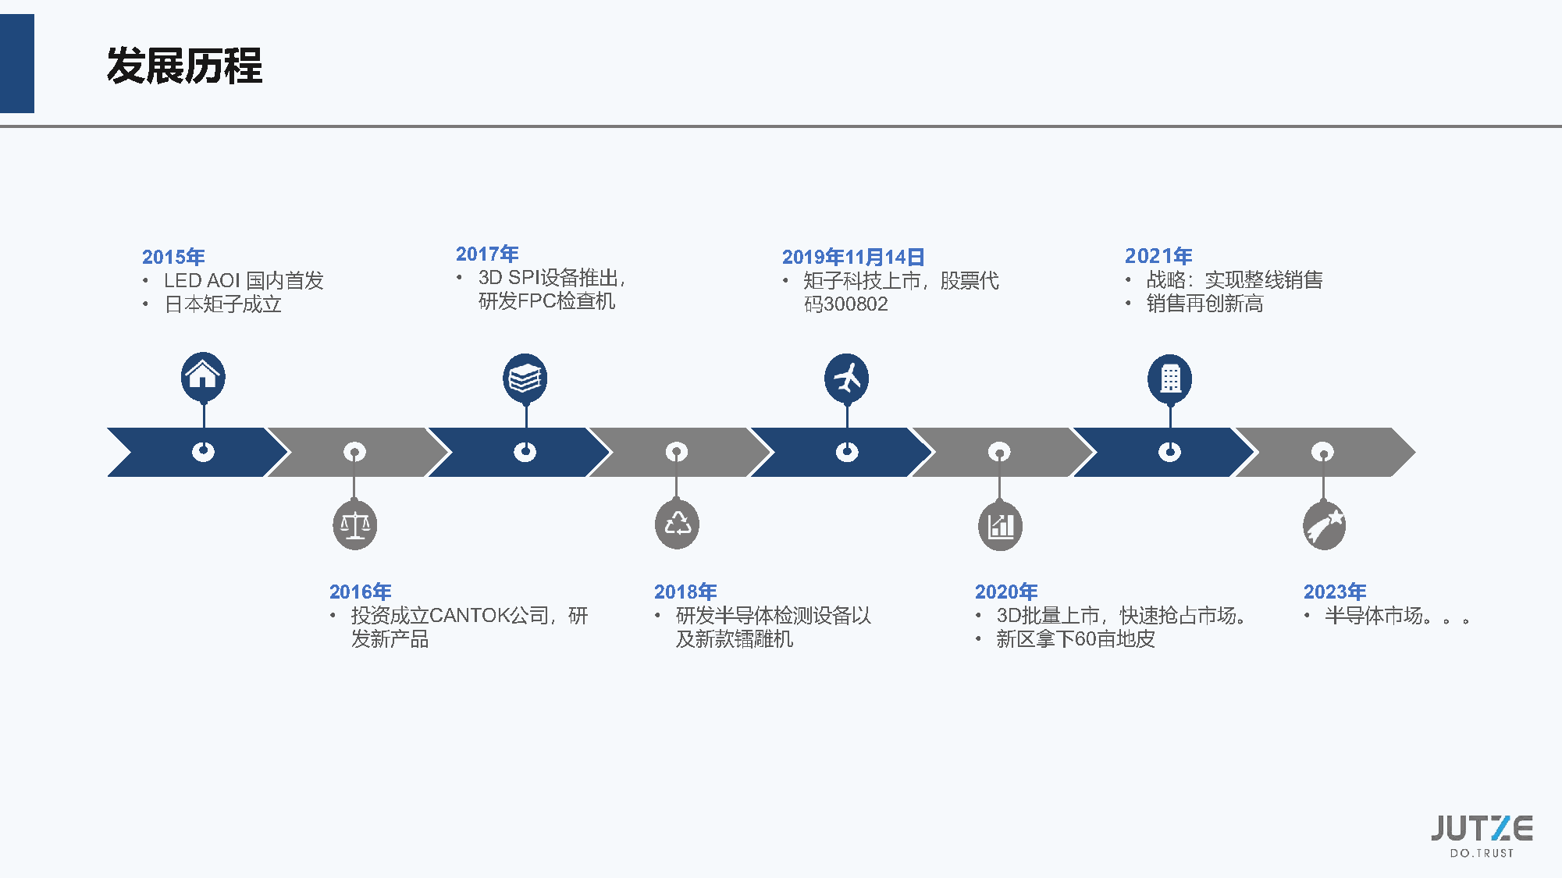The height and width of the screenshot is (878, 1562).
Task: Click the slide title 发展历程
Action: (x=184, y=66)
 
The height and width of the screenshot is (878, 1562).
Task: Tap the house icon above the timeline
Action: (x=203, y=375)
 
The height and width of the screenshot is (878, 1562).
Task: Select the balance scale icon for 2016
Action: (x=355, y=525)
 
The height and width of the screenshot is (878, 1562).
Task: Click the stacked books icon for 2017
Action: (x=525, y=379)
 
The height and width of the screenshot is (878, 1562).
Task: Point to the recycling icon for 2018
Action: (x=677, y=524)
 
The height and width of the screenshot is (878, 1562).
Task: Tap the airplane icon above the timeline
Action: (x=847, y=379)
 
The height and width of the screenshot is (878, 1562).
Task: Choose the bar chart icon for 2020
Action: (x=1000, y=525)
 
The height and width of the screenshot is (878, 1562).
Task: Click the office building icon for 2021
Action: (x=1169, y=379)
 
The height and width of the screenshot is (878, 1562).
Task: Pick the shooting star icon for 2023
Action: (x=1324, y=525)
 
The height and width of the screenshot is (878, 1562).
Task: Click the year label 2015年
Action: (x=173, y=257)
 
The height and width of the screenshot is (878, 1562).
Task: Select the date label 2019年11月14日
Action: (x=853, y=257)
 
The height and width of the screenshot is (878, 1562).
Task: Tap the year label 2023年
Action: (x=1335, y=592)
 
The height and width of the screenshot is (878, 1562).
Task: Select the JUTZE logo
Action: (x=1482, y=834)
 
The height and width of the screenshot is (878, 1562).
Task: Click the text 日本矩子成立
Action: (x=223, y=304)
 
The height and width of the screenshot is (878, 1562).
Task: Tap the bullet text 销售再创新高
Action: (x=1204, y=304)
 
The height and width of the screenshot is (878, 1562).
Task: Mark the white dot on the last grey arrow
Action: (x=1322, y=452)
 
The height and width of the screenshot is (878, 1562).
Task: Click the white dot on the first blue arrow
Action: (x=203, y=452)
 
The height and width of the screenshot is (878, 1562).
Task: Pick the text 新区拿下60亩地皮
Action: (x=1075, y=639)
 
